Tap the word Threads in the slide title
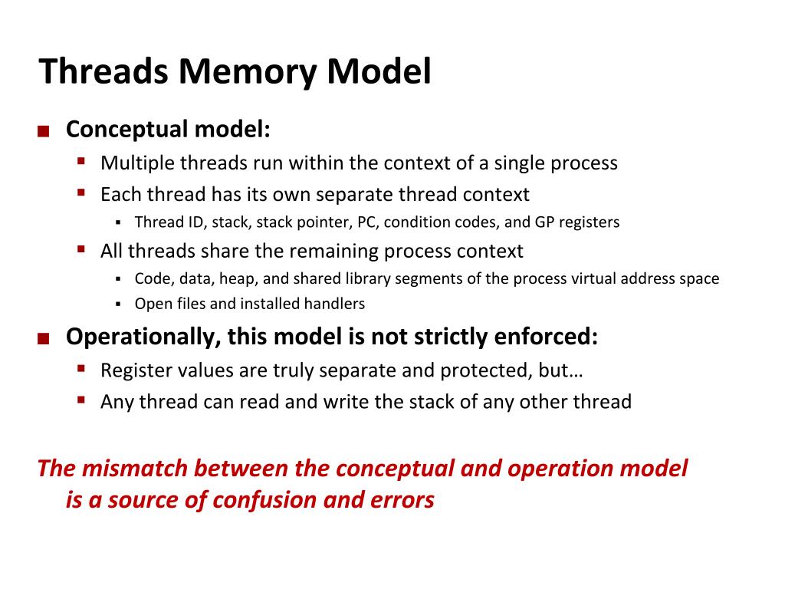point(104,72)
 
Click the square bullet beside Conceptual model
point(43,131)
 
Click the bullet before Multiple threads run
point(81,161)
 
